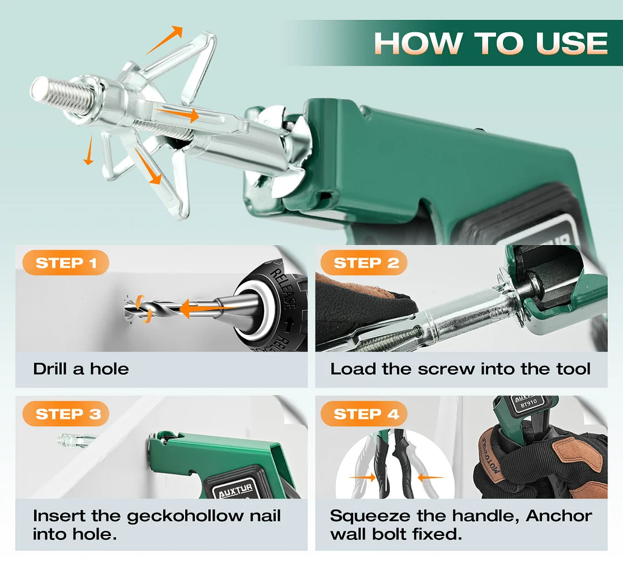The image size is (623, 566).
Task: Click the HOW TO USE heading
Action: [x=490, y=43]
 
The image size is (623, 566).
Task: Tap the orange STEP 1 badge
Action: [x=66, y=263]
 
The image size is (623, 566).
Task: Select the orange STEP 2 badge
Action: [x=366, y=263]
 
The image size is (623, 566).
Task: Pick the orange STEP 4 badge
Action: [x=366, y=414]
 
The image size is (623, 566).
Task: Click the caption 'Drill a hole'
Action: [x=81, y=369]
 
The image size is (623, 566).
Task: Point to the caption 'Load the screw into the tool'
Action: [x=460, y=369]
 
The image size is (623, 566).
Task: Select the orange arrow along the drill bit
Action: [x=199, y=310]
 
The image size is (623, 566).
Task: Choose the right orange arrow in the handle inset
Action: [x=430, y=477]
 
